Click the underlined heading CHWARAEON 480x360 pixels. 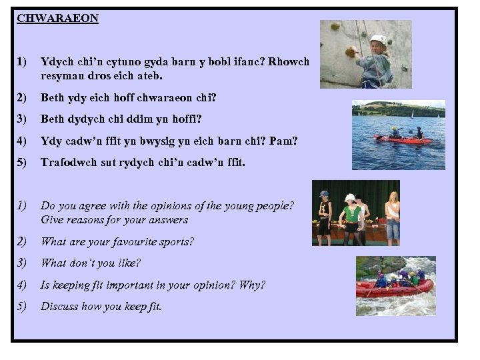57,19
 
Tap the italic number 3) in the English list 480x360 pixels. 21,263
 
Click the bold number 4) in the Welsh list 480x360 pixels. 21,141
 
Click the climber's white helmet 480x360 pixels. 378,40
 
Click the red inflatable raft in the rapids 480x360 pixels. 393,289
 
